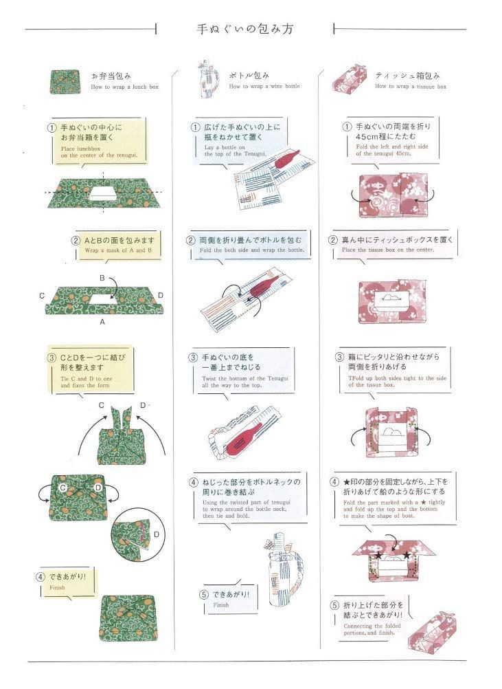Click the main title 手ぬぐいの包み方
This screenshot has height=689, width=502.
point(244,30)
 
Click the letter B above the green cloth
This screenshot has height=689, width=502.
point(102,278)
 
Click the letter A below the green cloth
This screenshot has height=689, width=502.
point(102,321)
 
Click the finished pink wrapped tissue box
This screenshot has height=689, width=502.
point(434,631)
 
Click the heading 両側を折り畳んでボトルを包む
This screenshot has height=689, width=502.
point(250,241)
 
